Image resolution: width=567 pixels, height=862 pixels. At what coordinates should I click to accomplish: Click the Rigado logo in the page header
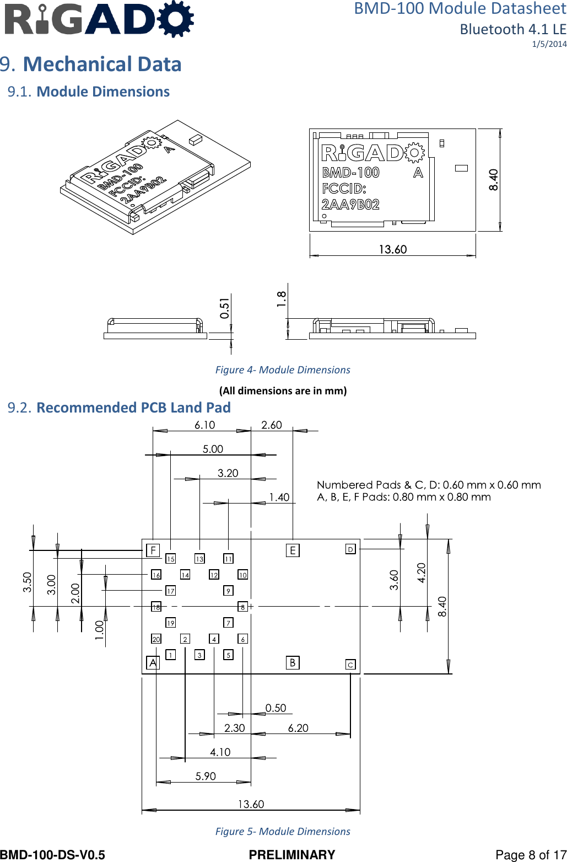coord(99,20)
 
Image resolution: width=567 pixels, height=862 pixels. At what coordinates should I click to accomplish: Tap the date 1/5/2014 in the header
coord(549,44)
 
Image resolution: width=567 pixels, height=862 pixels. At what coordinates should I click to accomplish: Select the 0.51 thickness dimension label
coord(224,308)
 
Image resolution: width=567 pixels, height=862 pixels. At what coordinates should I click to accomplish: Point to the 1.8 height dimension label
coord(282,299)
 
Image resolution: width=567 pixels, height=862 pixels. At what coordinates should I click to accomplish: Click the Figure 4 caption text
coord(282,370)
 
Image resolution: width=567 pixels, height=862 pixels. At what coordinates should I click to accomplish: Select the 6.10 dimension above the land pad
coord(204,425)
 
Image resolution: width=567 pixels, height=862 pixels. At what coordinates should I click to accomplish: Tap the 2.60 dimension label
coord(271,425)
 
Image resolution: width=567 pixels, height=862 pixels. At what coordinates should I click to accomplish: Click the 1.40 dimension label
coord(279,497)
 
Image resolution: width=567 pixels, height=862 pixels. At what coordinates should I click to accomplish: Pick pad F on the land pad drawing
coord(153,550)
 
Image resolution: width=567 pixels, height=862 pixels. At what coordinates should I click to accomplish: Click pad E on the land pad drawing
coord(293,550)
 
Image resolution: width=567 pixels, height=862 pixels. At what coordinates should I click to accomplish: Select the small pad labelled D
coord(350,549)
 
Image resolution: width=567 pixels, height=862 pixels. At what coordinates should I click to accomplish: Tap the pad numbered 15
coord(171,559)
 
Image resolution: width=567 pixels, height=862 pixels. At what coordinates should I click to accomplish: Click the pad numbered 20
coord(156,639)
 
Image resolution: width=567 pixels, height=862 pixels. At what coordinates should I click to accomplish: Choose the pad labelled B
coord(293,662)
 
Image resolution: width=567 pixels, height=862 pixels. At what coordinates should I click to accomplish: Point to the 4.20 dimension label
coord(422,573)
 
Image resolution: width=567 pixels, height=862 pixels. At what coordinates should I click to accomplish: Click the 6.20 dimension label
coord(298,729)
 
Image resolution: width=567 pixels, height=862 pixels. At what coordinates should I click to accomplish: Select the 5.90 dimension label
coord(206,777)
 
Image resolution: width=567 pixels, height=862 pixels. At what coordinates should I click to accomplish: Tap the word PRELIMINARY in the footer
coord(291,855)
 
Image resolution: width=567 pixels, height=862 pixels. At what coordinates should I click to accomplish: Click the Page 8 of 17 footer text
coord(531,855)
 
